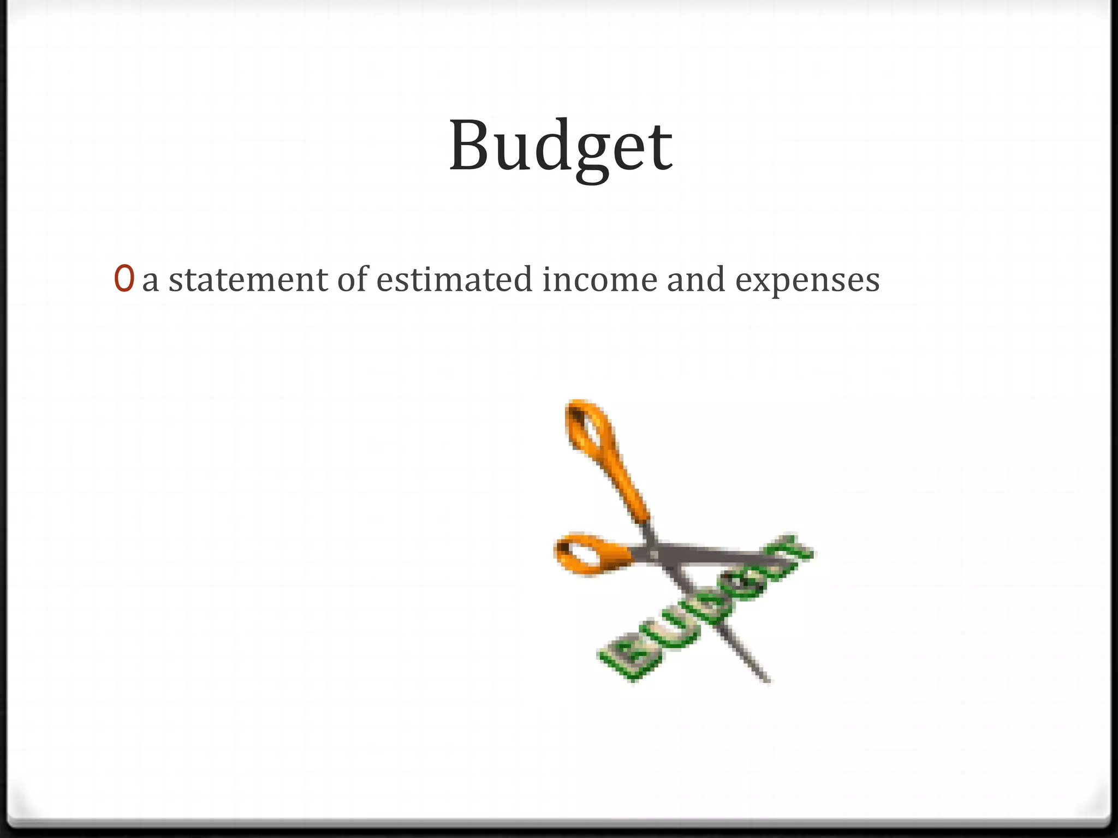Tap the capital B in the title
click(470, 146)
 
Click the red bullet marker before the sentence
click(124, 279)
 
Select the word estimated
click(454, 279)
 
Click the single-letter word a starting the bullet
click(150, 282)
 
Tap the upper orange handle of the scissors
click(592, 436)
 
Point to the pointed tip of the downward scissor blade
click(767, 680)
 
